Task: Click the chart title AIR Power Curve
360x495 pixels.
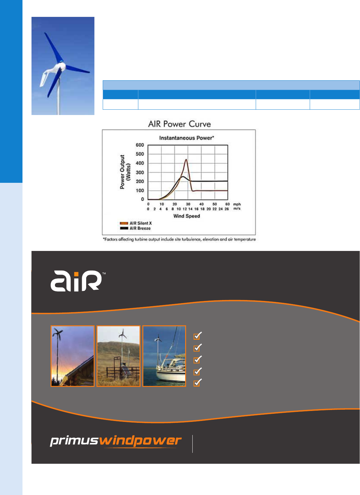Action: click(179, 124)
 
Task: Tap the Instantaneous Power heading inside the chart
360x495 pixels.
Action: click(186, 138)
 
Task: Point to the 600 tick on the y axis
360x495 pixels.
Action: click(140, 145)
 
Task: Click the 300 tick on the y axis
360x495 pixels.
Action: click(140, 172)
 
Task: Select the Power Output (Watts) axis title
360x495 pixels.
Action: click(125, 172)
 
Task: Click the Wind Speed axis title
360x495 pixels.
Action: click(186, 216)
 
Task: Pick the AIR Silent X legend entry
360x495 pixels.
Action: click(136, 223)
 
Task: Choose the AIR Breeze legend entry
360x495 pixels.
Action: click(135, 228)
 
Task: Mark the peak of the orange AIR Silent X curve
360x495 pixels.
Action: click(186, 159)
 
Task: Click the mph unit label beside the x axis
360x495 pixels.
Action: click(237, 204)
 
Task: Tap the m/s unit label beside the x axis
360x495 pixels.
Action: click(237, 208)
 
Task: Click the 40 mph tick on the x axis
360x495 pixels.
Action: click(201, 204)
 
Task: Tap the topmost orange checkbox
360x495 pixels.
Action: click(197, 336)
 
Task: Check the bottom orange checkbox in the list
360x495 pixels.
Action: click(197, 382)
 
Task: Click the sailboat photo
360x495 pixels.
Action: click(164, 356)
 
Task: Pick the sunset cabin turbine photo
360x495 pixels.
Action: click(73, 356)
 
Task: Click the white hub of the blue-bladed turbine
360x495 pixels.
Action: click(61, 66)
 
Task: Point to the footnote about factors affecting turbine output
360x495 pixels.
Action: click(179, 239)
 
